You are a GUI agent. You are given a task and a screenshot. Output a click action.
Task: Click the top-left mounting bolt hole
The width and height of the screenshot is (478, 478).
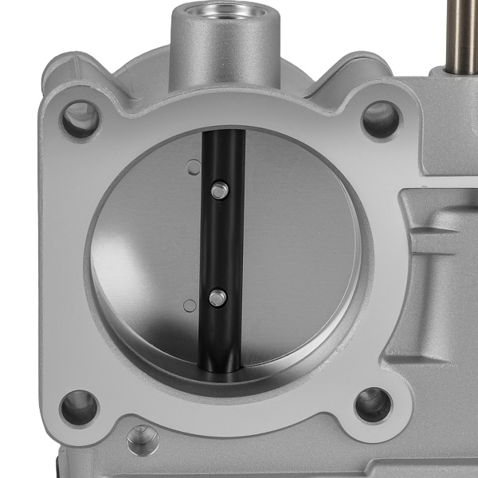[80, 119]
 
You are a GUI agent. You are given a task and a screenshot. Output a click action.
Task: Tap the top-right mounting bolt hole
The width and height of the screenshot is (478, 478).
[380, 119]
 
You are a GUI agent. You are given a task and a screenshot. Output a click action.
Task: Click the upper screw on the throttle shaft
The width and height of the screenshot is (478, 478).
[220, 190]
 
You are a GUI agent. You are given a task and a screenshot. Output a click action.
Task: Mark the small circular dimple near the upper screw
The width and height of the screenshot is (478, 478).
[192, 167]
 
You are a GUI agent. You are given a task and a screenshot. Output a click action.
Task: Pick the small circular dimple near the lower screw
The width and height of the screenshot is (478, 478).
[189, 305]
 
